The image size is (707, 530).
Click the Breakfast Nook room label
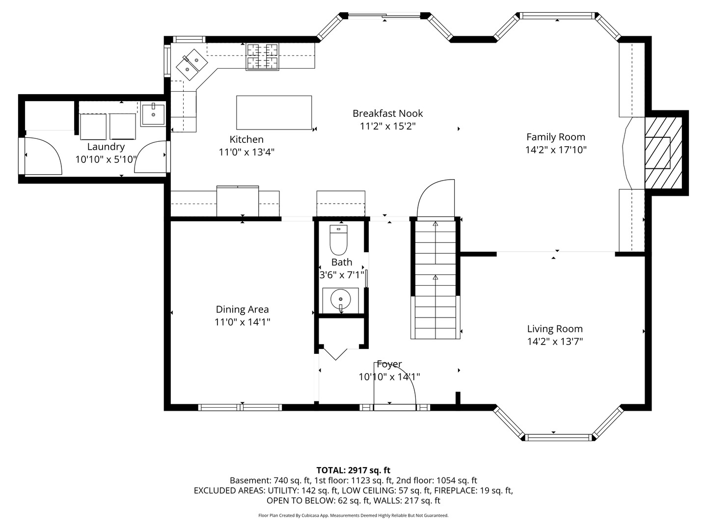point(387,113)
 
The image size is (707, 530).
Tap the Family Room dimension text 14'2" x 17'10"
point(556,150)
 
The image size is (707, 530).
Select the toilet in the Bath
point(338,240)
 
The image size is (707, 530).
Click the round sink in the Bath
point(340,300)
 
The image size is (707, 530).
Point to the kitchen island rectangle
point(274,112)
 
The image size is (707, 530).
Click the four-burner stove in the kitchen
point(262,56)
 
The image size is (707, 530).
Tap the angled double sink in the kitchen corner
point(191,64)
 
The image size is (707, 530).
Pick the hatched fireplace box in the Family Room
point(663,153)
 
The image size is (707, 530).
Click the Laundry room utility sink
point(153,114)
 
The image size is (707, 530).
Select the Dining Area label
point(242,309)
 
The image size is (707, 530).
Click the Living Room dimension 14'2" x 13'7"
point(555,341)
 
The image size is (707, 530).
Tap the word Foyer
point(389,364)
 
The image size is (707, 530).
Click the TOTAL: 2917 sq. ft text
point(353,470)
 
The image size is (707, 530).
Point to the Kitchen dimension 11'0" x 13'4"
point(246,152)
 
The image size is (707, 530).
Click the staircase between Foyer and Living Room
point(435,279)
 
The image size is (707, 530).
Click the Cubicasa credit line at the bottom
point(353,515)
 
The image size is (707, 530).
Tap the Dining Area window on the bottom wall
point(240,407)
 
